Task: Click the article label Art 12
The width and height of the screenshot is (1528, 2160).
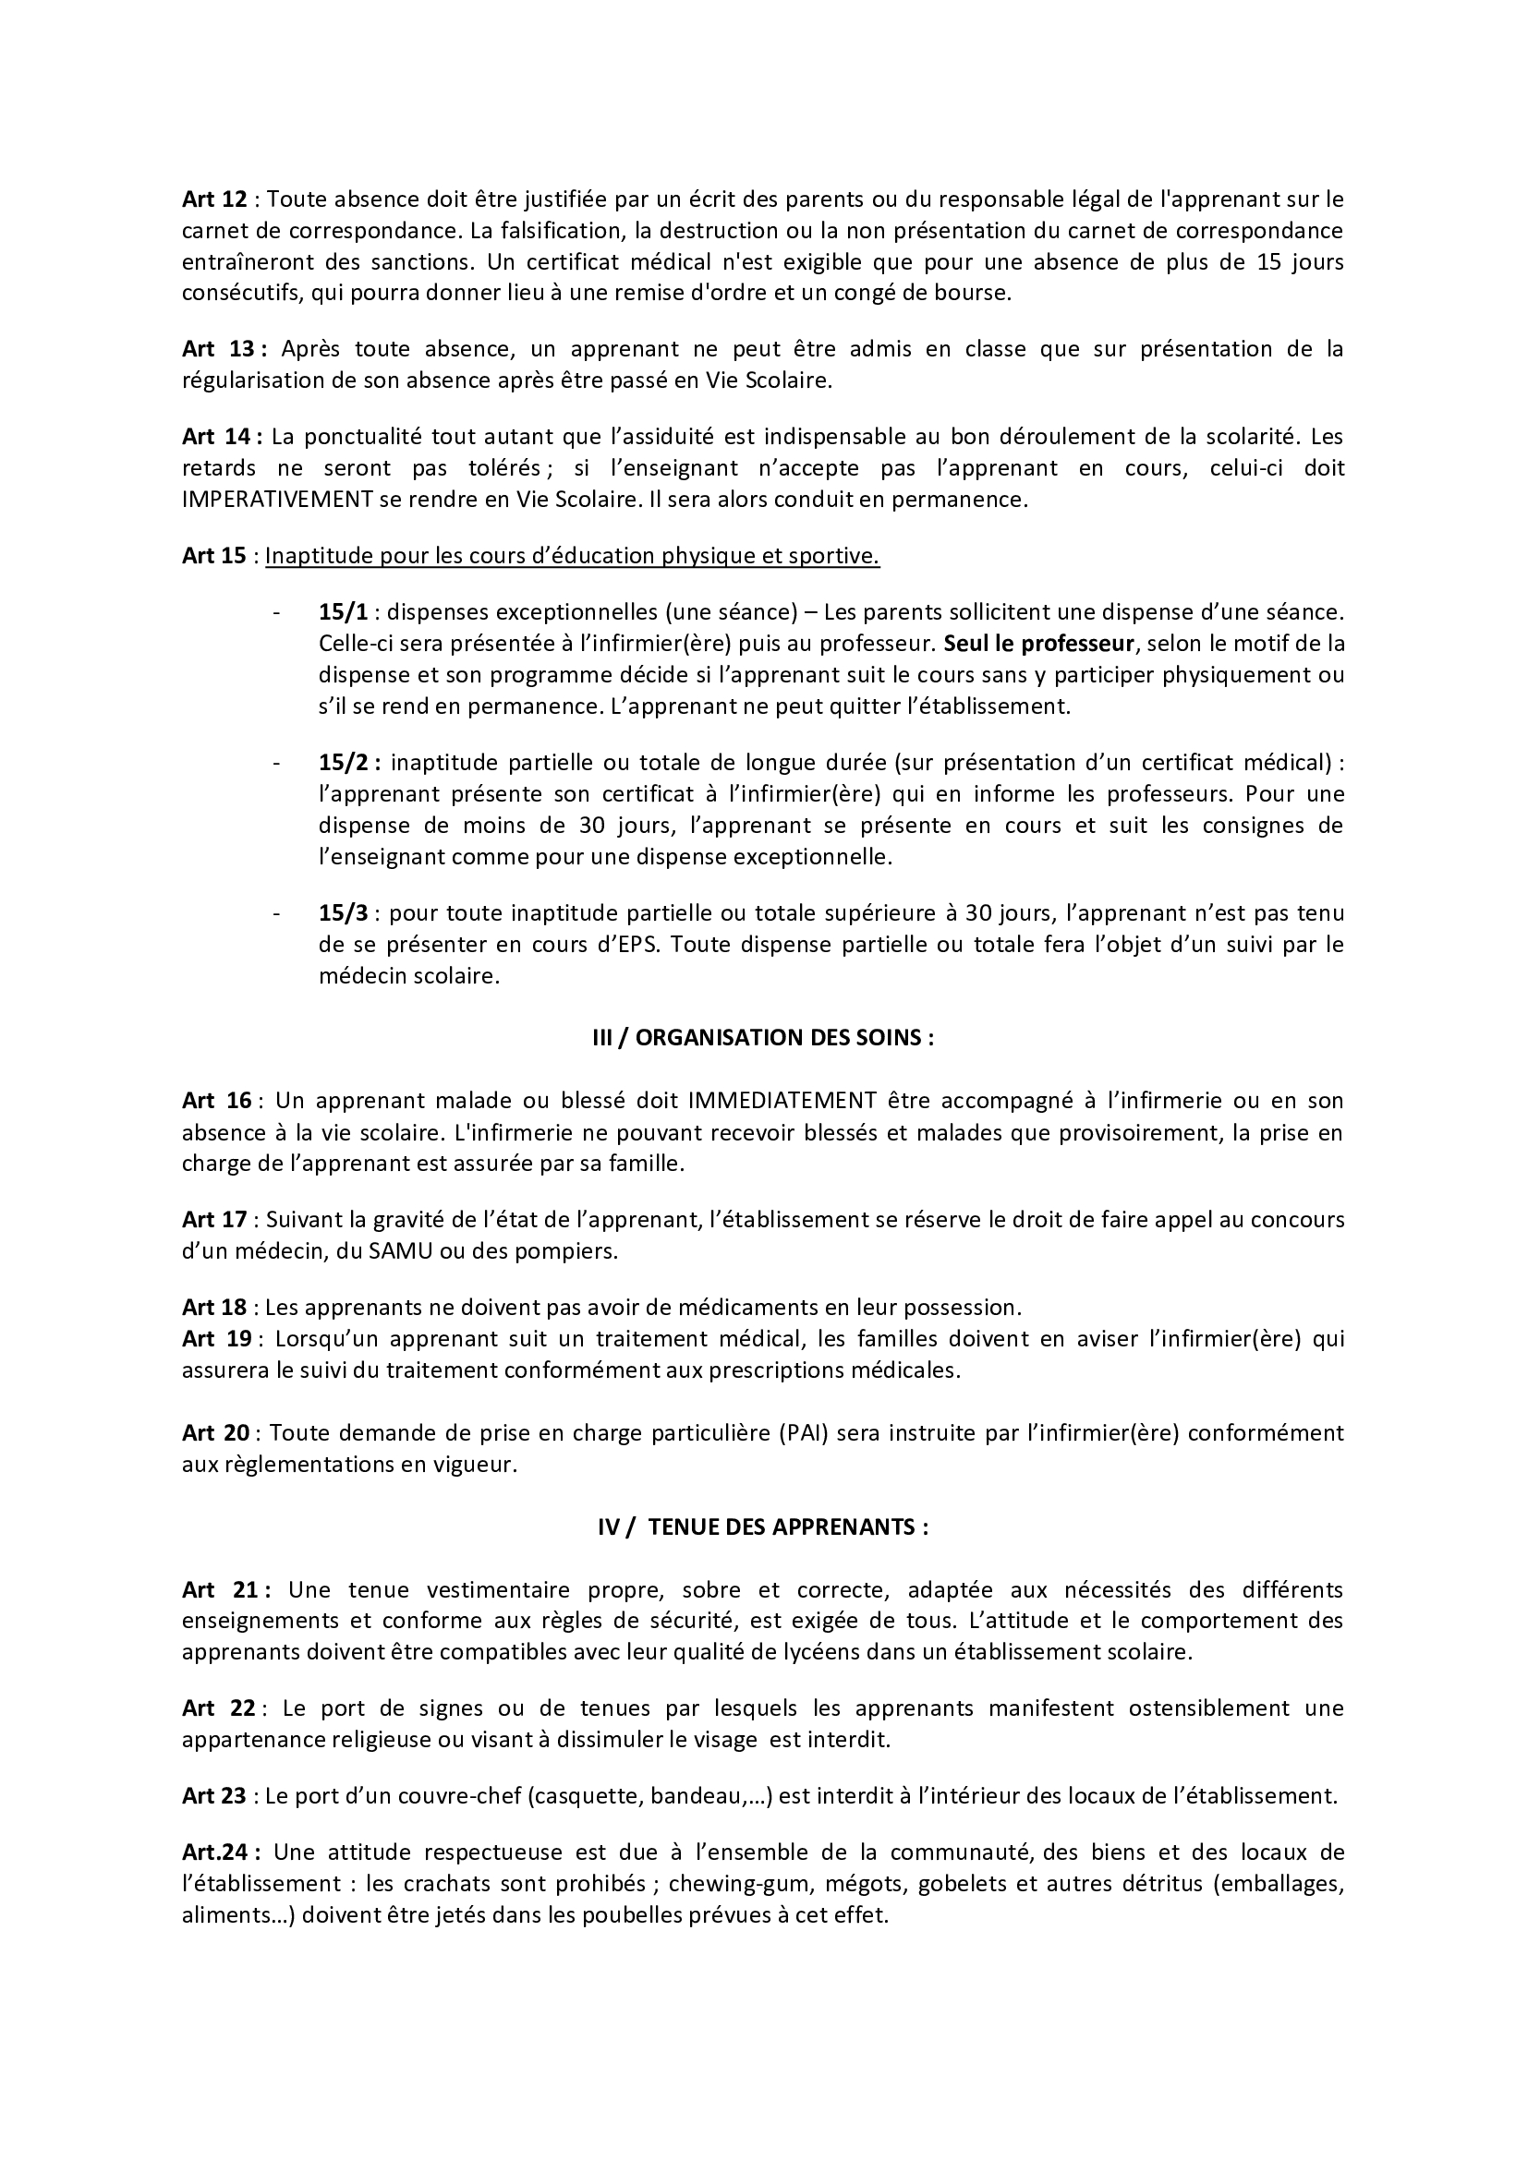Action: pyautogui.click(x=214, y=199)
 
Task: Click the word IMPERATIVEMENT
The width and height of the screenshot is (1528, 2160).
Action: pyautogui.click(x=277, y=500)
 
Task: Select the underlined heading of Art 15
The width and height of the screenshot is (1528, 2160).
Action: pyautogui.click(x=572, y=556)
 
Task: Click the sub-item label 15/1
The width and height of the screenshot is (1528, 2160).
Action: pyautogui.click(x=344, y=612)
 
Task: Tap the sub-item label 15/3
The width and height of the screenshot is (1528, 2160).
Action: pyautogui.click(x=344, y=913)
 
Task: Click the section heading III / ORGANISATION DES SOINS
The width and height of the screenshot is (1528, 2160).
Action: pyautogui.click(x=763, y=1038)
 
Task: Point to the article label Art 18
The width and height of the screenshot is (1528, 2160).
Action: pyautogui.click(x=214, y=1307)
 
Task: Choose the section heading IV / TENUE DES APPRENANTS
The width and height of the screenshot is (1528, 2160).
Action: pyautogui.click(x=763, y=1526)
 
